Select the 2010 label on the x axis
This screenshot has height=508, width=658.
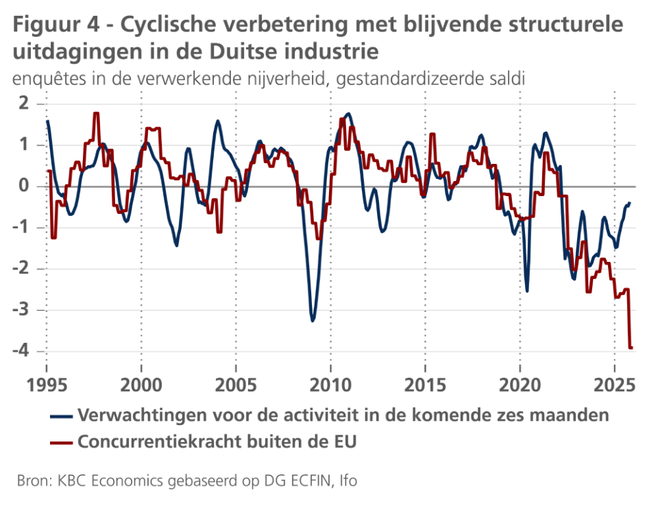tap(331, 383)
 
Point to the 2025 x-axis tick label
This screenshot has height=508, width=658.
tap(615, 383)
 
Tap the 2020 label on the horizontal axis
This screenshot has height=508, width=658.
tap(520, 383)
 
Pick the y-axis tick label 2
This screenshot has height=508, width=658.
tap(25, 104)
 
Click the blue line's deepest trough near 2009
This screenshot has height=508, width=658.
tap(313, 320)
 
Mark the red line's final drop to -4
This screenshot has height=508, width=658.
tap(631, 348)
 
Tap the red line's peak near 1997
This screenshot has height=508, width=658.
tap(96, 114)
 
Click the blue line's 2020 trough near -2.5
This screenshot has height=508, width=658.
tap(526, 291)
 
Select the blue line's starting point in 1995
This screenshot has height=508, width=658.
tap(47, 121)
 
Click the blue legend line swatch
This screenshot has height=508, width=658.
tap(62, 415)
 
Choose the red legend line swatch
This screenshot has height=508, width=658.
tap(62, 442)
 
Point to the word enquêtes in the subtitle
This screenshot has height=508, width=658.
tap(42, 78)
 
